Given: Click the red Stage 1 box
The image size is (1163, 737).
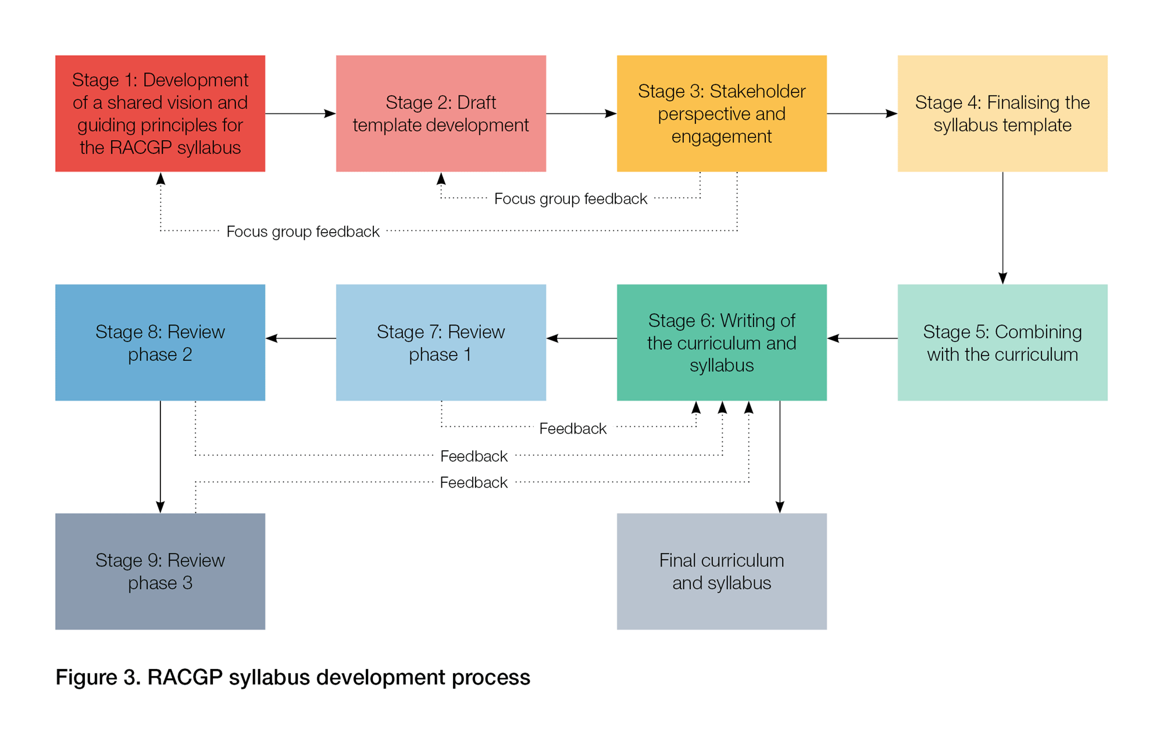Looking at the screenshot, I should [160, 113].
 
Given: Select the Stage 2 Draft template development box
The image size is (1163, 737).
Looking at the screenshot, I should [441, 113].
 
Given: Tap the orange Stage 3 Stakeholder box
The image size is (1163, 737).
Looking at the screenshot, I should [722, 113].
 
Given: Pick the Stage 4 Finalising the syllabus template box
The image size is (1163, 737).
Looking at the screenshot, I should [1002, 113].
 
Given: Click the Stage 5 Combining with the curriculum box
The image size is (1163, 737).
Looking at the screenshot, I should [1002, 342].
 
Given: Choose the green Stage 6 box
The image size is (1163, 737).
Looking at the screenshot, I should [722, 342].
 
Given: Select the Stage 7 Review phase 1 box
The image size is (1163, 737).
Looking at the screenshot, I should [441, 342].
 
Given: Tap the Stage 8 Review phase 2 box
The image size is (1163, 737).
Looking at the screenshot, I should [160, 342].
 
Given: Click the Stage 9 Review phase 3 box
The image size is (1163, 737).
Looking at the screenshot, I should [160, 571].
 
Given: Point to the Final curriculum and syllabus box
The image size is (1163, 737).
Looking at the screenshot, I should [722, 571].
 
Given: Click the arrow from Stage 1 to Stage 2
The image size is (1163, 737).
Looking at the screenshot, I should [300, 113].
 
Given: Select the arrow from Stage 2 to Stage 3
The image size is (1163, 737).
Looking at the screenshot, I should [581, 113].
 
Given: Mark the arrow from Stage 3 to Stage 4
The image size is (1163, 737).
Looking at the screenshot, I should [862, 113].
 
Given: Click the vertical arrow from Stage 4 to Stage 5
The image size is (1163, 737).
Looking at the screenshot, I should [1003, 227].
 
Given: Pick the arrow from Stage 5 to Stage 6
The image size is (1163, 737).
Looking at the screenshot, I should [862, 338].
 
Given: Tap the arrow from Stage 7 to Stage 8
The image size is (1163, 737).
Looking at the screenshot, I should [300, 338].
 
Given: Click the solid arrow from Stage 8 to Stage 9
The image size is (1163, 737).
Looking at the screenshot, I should [160, 457].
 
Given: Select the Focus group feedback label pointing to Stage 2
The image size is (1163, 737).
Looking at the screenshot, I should [570, 199].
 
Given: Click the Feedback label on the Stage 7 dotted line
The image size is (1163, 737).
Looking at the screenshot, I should [573, 429].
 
